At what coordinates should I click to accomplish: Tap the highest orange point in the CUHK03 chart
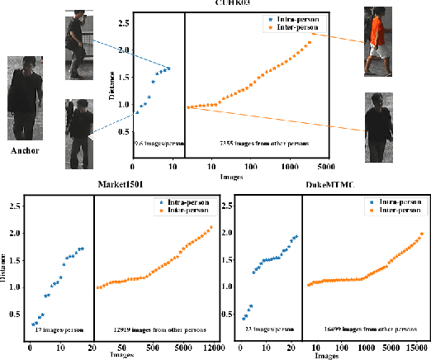[310, 42]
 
